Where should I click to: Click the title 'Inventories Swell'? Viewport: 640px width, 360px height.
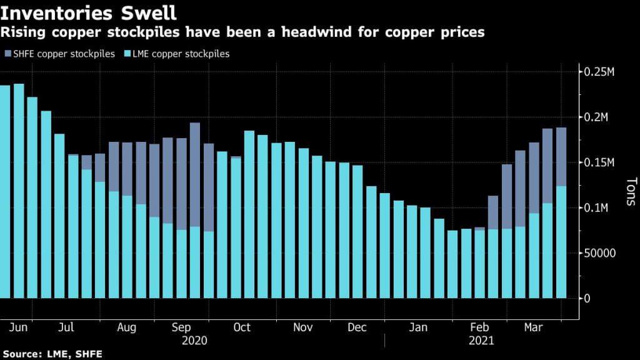point(88,12)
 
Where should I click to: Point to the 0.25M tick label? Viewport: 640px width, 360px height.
point(599,72)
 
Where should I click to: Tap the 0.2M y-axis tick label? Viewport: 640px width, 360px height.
point(597,117)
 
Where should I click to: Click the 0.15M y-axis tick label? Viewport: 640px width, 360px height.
point(599,162)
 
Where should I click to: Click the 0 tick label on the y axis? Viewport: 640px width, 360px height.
point(588,299)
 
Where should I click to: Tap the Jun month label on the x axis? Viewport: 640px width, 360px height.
point(17,327)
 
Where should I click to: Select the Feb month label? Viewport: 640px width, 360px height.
point(479,327)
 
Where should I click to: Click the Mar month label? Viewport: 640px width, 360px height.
point(533,327)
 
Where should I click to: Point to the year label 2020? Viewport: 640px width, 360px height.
point(194,341)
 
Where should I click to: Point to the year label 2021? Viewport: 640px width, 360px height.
point(481,341)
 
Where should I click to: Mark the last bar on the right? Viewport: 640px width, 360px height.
point(561,212)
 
